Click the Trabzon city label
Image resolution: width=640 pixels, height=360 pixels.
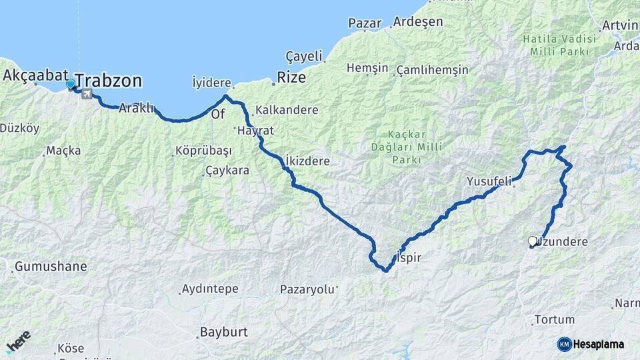point(109,81)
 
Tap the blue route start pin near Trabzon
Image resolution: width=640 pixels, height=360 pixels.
point(71,85)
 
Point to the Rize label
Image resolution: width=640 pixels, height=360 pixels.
point(291,77)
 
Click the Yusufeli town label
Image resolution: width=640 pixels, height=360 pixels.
point(489,181)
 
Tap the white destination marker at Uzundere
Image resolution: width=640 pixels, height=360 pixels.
point(532,241)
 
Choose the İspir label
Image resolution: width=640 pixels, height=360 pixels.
point(409,257)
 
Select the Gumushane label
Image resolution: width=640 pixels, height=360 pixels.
point(51,267)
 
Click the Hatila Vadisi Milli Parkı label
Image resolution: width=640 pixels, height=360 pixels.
point(556,45)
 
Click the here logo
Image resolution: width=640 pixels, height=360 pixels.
point(18,341)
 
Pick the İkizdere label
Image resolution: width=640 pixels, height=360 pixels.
point(307,161)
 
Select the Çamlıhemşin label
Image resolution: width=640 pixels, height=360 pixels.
point(432,70)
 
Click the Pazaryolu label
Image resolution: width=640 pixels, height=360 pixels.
point(307,290)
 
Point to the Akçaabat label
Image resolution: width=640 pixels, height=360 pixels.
point(33,75)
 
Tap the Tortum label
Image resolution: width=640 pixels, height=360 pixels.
point(554,320)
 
